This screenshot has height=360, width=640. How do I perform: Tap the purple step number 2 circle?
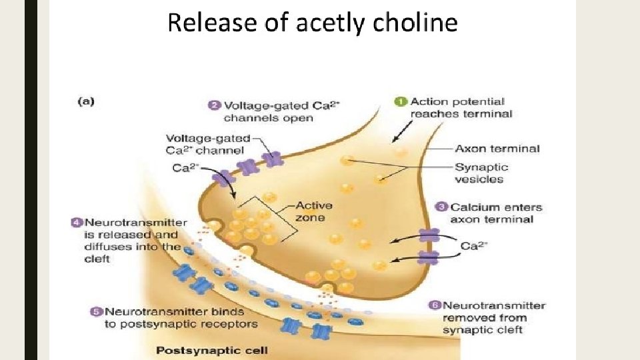pos(215,105)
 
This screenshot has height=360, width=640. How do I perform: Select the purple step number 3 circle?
pos(441,207)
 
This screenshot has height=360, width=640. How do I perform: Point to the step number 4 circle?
pos(77,223)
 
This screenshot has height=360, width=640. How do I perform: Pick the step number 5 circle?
pos(96,311)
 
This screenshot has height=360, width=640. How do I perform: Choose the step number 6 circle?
pos(435,305)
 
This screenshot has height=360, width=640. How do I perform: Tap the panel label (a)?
pos(86,101)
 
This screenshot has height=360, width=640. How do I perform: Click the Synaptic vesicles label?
pos(481,173)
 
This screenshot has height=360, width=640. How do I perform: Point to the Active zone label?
pos(314,211)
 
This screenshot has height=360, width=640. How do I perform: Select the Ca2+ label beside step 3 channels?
pos(475,246)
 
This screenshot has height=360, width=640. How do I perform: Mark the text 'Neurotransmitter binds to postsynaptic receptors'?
pos(180,318)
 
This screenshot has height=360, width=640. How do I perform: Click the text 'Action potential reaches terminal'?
pos(460,108)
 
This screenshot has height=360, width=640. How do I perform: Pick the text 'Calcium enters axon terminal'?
pos(496,213)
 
